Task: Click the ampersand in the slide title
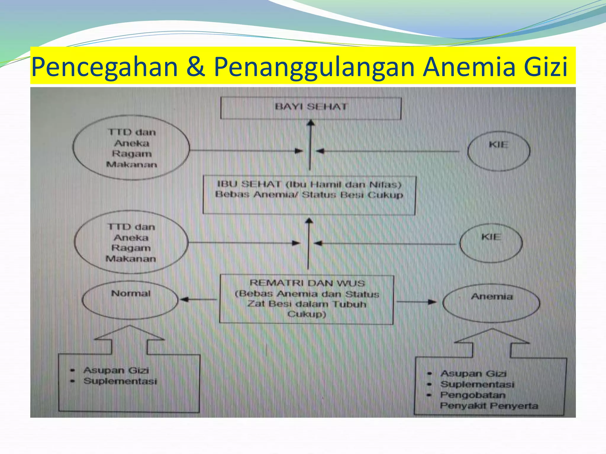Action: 196,67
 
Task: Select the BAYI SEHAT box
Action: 311,108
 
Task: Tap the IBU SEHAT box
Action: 309,195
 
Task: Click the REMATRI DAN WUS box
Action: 307,299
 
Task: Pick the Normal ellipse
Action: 130,300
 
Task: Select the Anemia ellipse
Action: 491,303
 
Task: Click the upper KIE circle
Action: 499,151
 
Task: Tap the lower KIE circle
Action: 491,243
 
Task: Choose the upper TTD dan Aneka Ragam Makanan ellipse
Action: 131,148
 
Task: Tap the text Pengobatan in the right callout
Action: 473,395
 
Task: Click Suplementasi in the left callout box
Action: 120,381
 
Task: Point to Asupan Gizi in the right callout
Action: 473,374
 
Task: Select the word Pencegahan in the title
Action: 104,67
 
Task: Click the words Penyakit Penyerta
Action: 489,406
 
